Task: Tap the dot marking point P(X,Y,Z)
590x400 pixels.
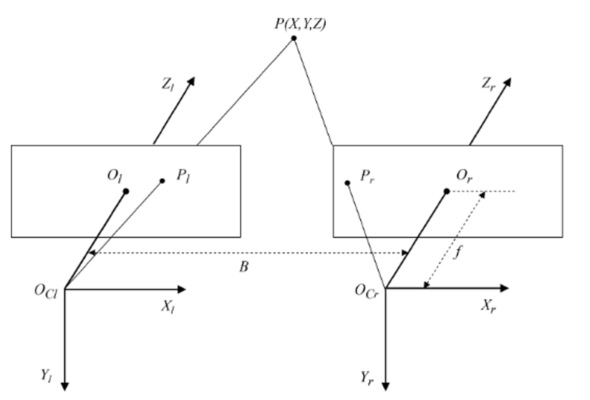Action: (294, 39)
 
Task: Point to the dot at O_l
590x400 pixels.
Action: (126, 191)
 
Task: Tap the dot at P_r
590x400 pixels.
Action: (347, 182)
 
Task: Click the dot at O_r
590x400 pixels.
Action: (446, 191)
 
